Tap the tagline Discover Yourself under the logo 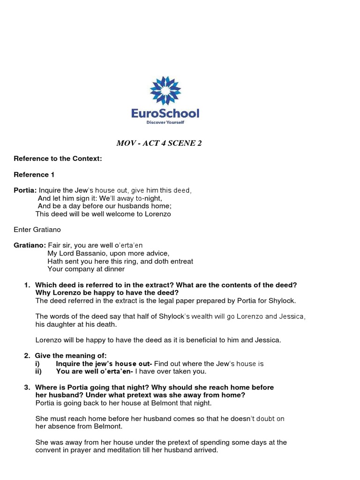point(165,122)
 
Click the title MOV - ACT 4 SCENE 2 point(158,143)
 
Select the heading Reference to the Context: point(58,159)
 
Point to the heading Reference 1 point(34,175)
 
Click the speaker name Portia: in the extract point(25,191)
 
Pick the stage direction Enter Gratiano point(37,230)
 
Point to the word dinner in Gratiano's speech point(113,269)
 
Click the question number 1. point(27,285)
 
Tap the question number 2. point(27,356)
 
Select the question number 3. point(27,387)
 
